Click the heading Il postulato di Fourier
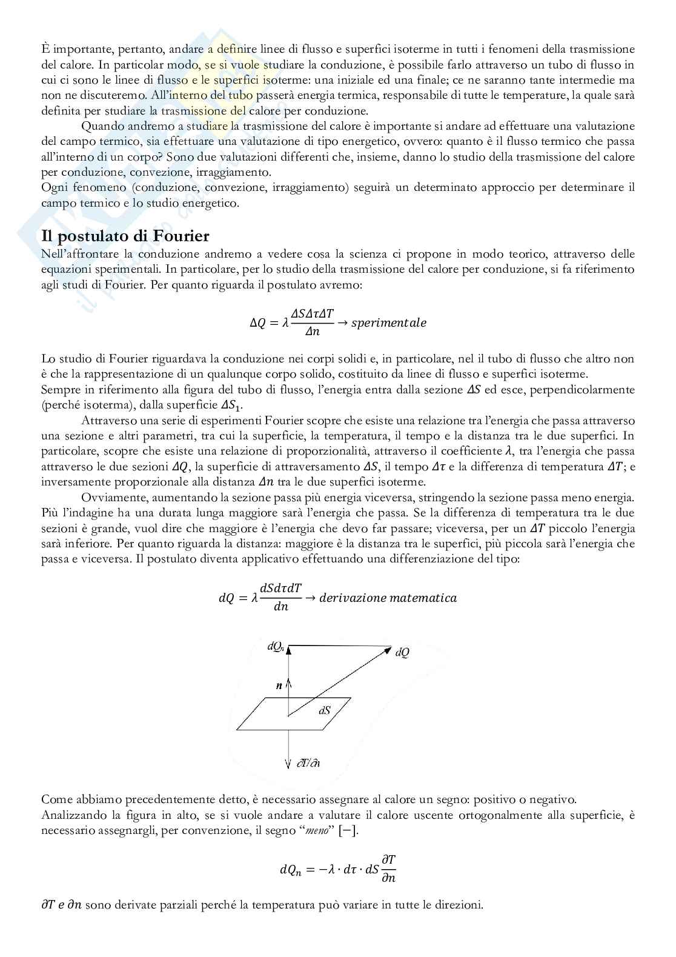click(x=125, y=235)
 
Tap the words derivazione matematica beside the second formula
click(x=388, y=598)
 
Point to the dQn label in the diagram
click(x=276, y=647)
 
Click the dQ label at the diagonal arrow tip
click(x=402, y=653)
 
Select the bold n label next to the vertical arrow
click(x=279, y=686)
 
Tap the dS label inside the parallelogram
click(x=325, y=710)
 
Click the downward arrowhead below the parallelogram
click(x=288, y=762)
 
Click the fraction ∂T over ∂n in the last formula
click(x=389, y=869)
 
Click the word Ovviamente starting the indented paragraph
click(x=108, y=498)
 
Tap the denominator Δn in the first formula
click(x=311, y=332)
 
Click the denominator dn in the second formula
click(x=281, y=607)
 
